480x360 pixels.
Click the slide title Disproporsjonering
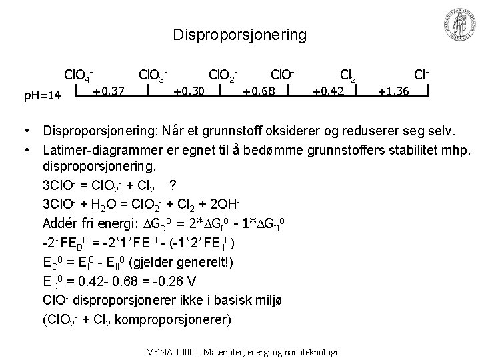pyautogui.click(x=239, y=35)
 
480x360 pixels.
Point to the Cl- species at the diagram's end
pyautogui.click(x=421, y=71)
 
